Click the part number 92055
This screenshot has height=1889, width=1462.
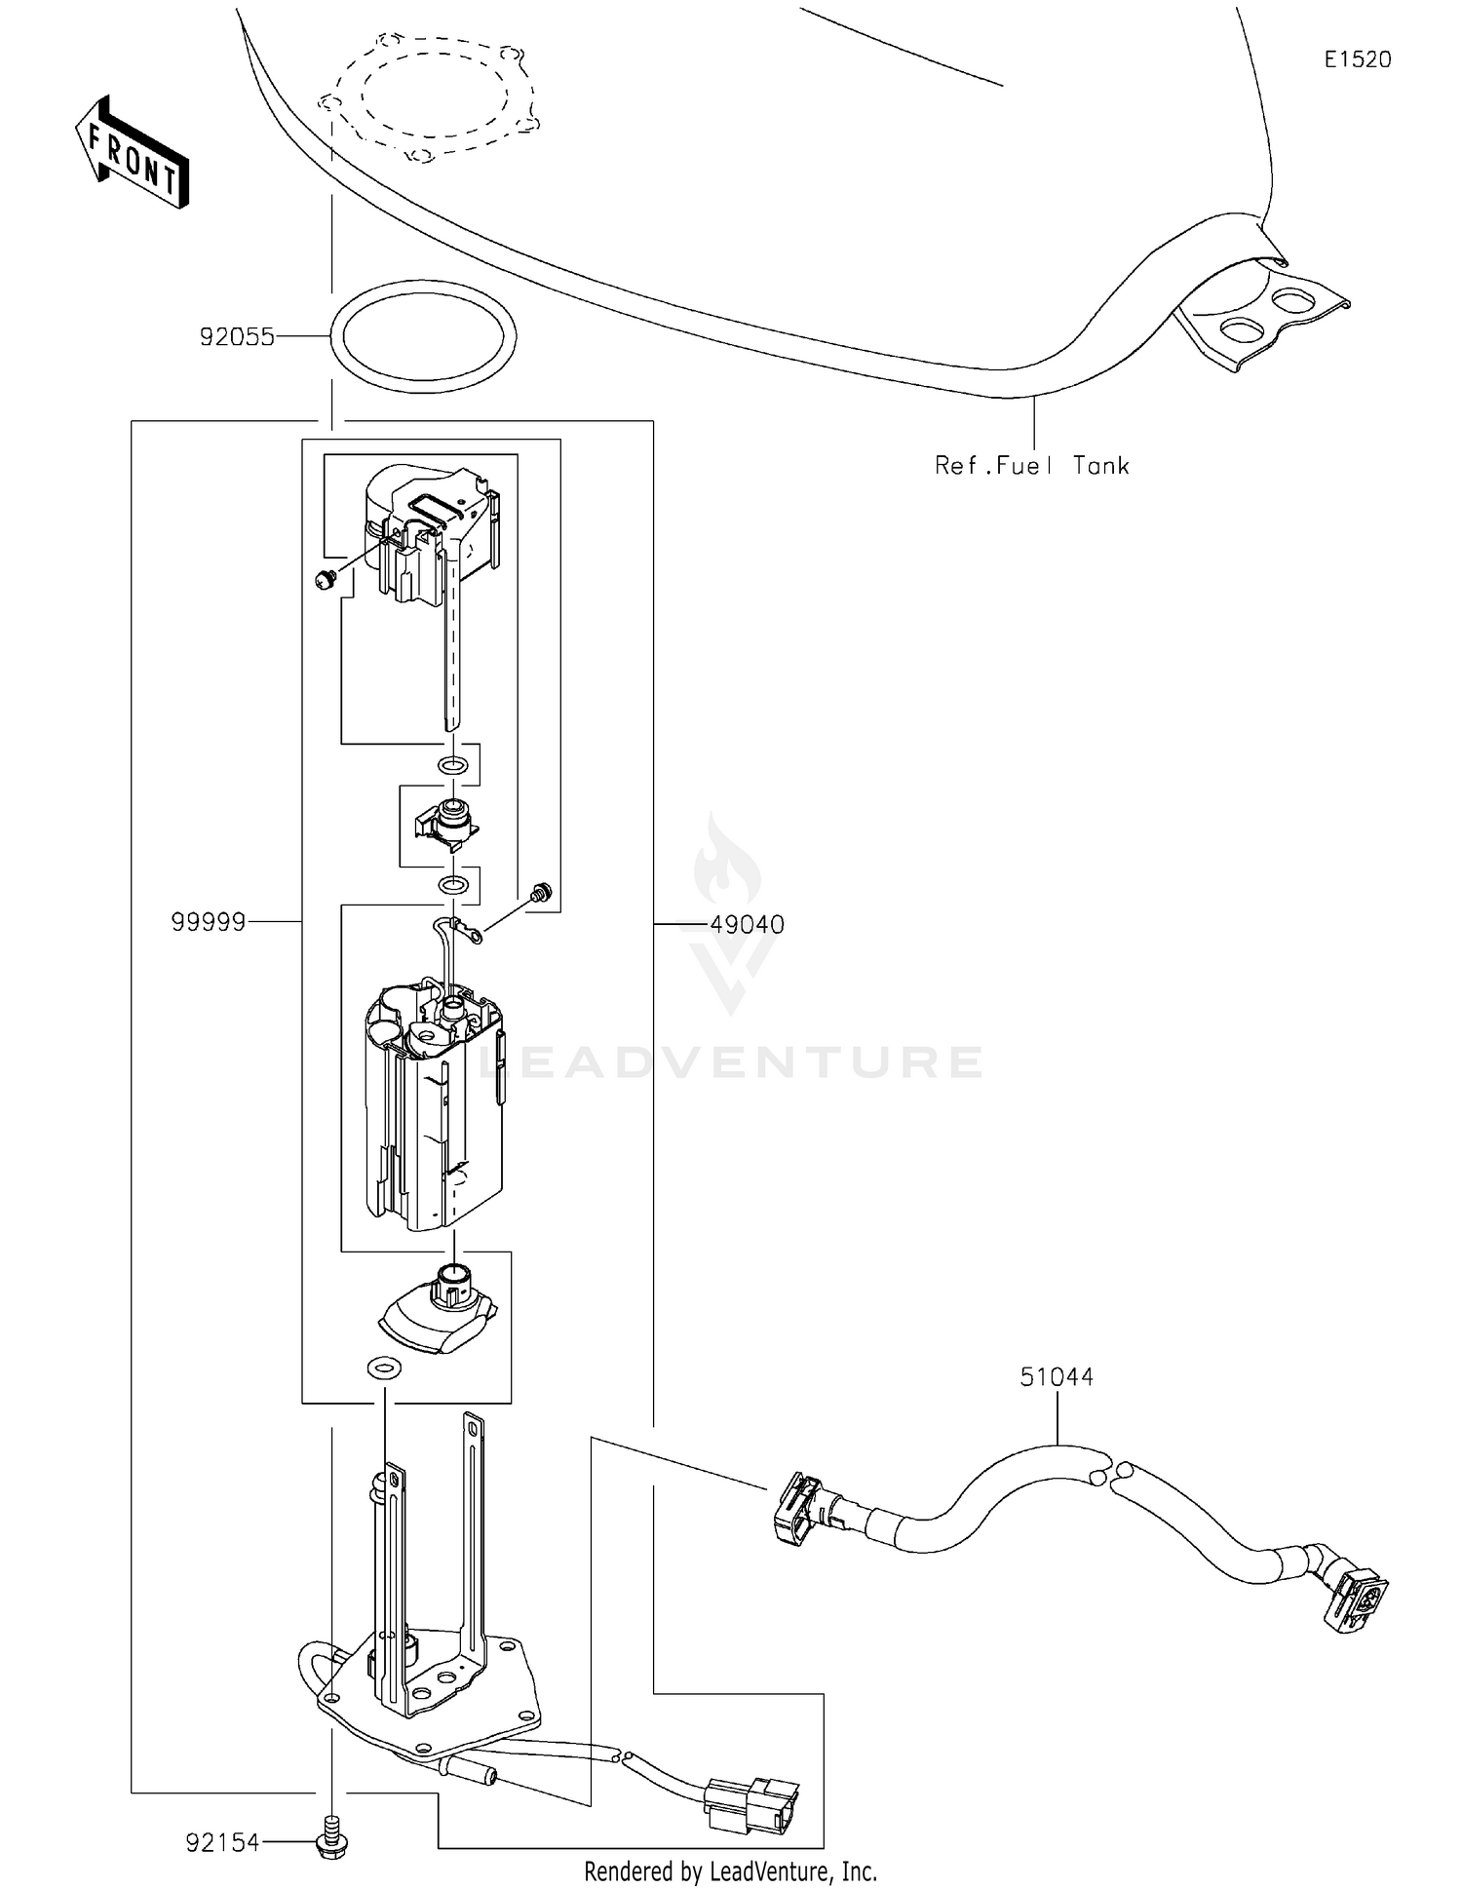pos(237,337)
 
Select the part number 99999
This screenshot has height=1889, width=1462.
pos(208,922)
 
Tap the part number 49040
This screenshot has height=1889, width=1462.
pos(747,924)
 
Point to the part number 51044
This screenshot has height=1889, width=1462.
pos(1057,1376)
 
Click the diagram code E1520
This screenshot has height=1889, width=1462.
pos(1357,59)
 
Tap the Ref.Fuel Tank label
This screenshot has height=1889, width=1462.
pos(1031,466)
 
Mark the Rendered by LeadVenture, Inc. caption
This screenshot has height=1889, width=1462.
pos(730,1871)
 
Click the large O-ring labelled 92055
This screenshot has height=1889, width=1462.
pos(424,335)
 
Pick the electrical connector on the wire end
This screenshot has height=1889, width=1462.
pos(751,1803)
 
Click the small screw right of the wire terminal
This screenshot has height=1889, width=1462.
pos(539,891)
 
